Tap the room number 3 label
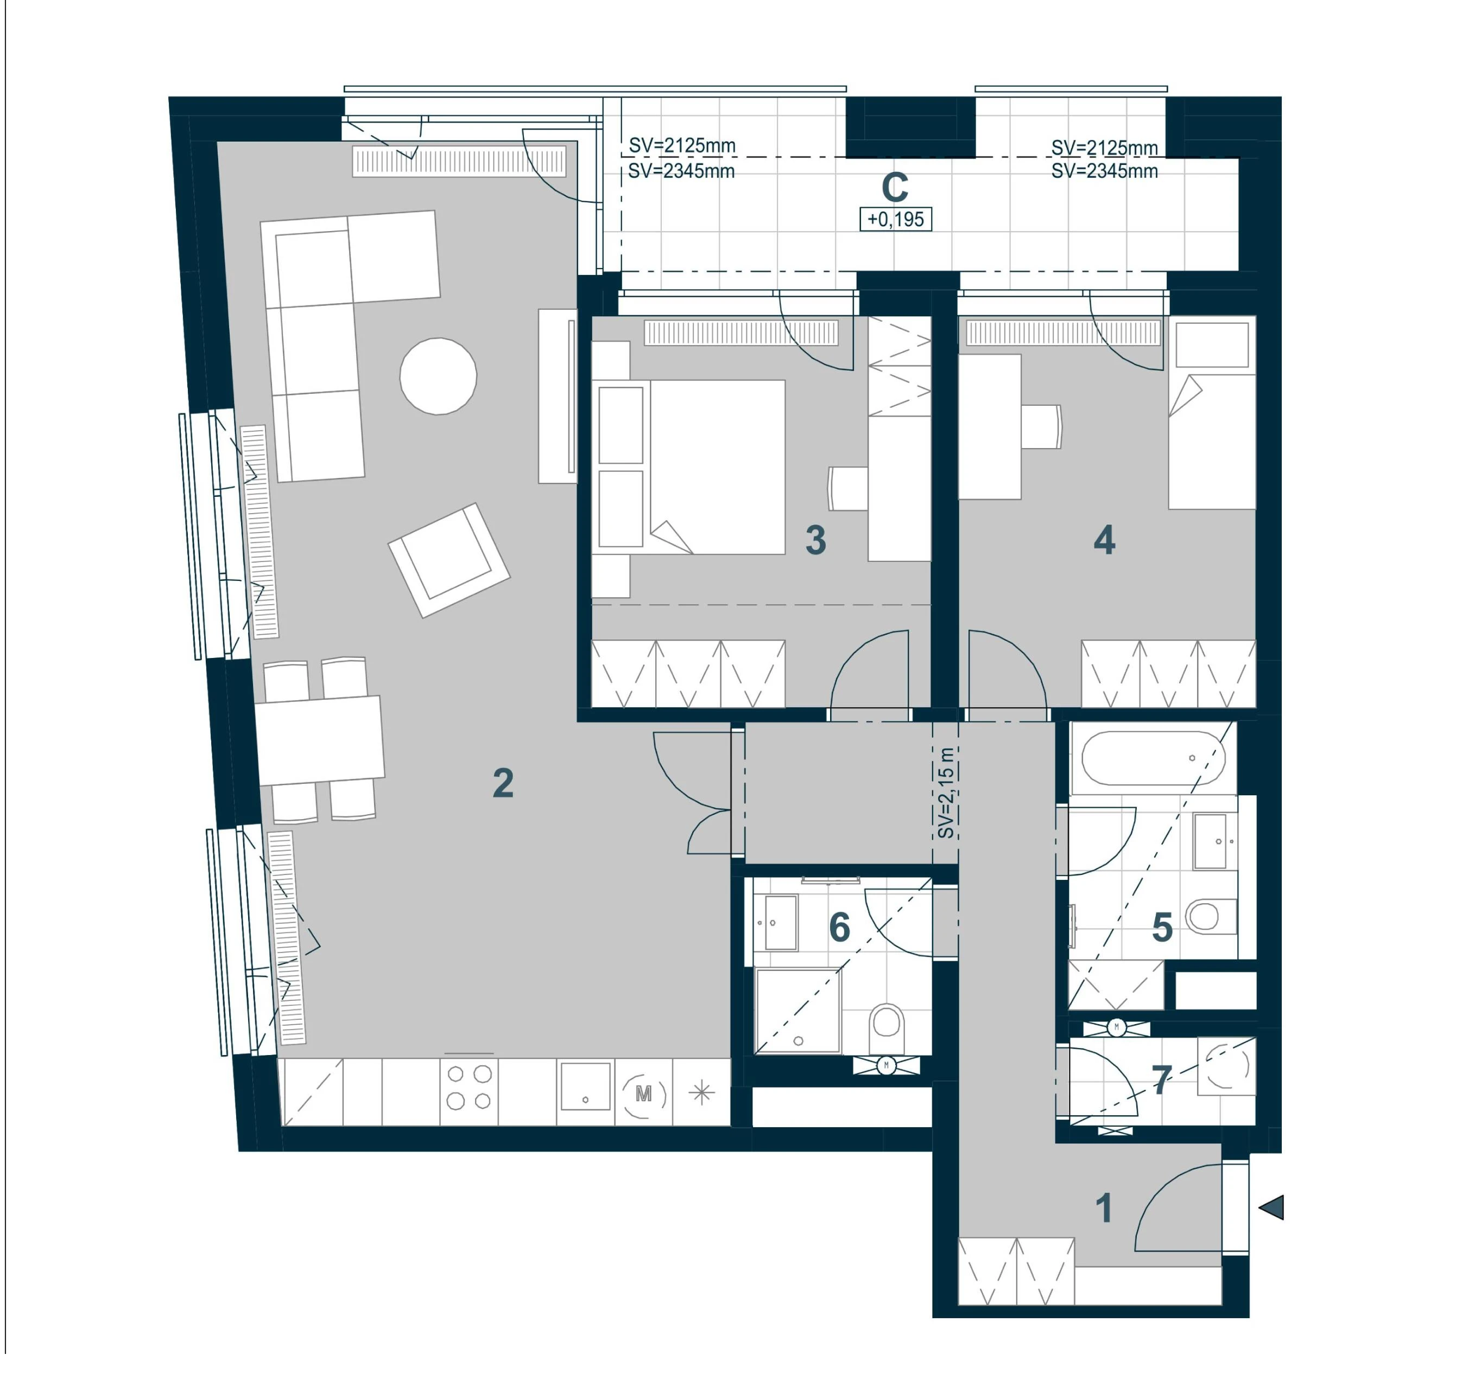(816, 540)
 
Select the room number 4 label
(1104, 540)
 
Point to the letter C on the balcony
(895, 188)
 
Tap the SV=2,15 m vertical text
(945, 793)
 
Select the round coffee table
(438, 376)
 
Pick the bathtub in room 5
(1153, 758)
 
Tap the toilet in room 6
(887, 1021)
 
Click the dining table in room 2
(320, 741)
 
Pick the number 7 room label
(1161, 1079)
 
